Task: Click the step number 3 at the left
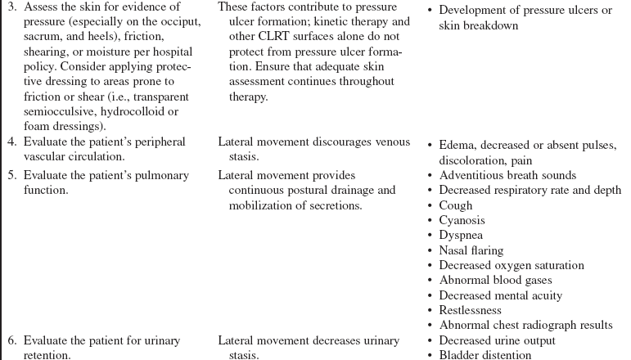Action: (7, 8)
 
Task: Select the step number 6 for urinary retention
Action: (7, 340)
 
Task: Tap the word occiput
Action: (180, 23)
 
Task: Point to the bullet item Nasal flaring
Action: (471, 250)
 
